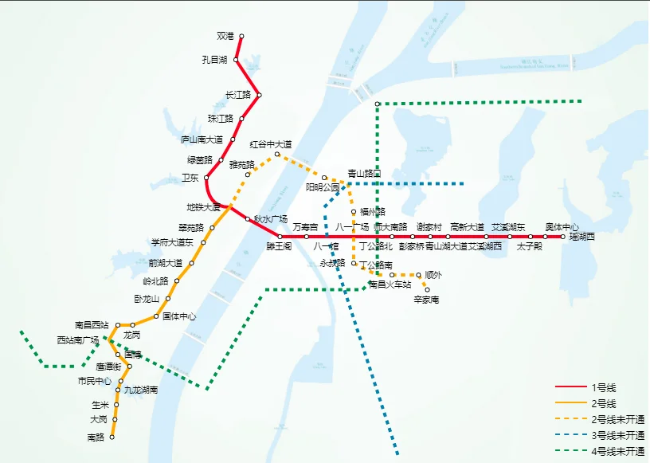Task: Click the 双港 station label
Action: [x=225, y=36]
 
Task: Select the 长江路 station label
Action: [x=238, y=95]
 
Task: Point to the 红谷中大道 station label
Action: [x=271, y=144]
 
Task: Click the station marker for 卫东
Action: [x=208, y=178]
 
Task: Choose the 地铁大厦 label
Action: [x=203, y=207]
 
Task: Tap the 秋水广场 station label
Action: [x=270, y=218]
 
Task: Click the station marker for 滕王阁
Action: [x=280, y=237]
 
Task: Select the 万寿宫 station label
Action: [x=305, y=227]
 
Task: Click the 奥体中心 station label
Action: [x=562, y=227]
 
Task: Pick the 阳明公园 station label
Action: [x=323, y=187]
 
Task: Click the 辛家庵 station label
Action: [x=426, y=300]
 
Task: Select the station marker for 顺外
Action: [x=419, y=275]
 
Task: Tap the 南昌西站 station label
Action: [x=92, y=324]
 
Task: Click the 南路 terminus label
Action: [x=96, y=437]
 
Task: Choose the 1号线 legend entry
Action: [x=604, y=387]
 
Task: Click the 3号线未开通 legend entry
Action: [x=617, y=435]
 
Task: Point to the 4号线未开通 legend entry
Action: [x=617, y=451]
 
